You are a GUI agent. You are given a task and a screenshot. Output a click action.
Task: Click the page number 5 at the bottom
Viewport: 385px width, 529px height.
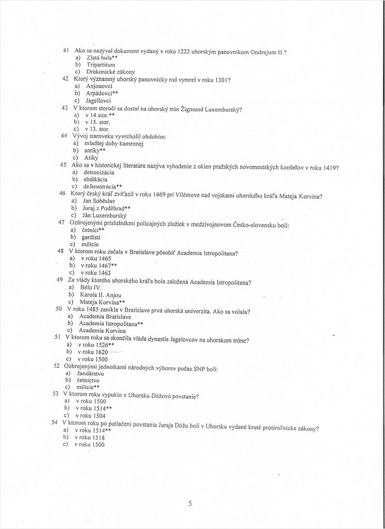click(x=190, y=504)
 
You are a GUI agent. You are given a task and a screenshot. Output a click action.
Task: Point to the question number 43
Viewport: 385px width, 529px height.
click(x=65, y=108)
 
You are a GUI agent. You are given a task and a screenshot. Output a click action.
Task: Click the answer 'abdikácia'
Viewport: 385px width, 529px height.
click(x=95, y=179)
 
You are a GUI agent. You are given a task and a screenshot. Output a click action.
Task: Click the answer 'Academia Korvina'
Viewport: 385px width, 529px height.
click(x=102, y=330)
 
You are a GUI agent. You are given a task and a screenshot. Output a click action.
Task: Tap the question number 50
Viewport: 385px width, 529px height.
click(x=59, y=308)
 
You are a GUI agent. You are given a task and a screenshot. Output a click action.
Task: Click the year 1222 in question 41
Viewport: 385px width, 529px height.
click(x=184, y=52)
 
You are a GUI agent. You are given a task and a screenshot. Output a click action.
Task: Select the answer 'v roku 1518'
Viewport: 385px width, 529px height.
click(x=90, y=437)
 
